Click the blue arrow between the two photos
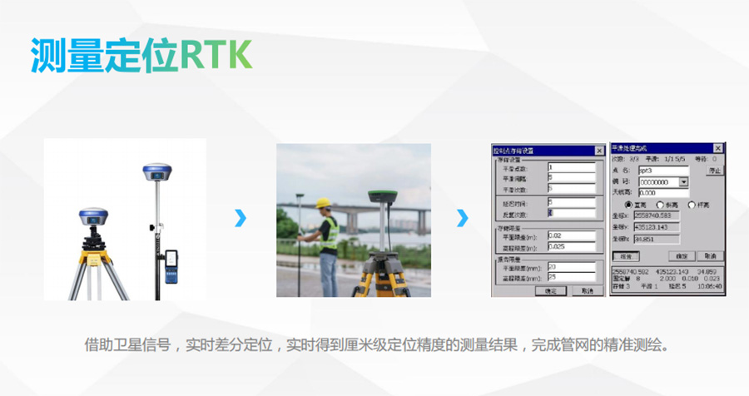tap(241, 218)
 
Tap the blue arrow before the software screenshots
tap(462, 218)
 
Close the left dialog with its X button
tap(598, 151)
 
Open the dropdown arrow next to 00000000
tap(684, 181)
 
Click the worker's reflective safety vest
tap(330, 232)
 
